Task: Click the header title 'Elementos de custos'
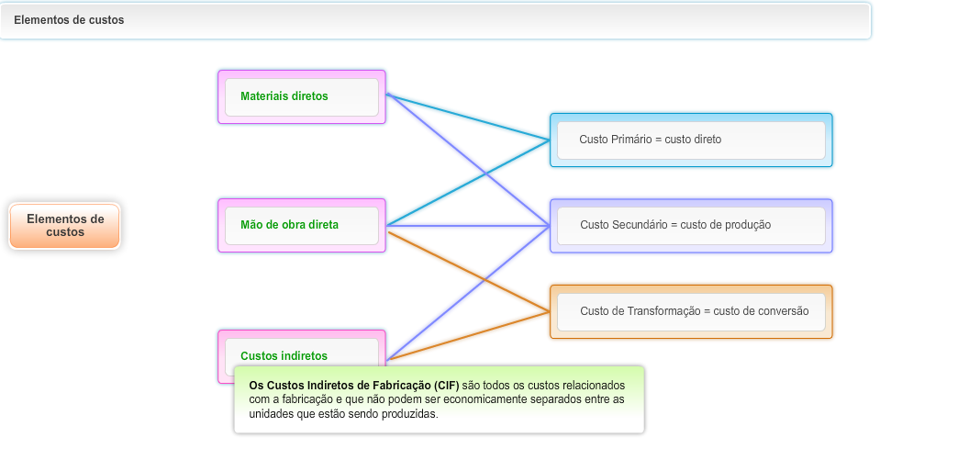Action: [69, 20]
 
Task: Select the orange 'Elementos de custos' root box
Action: [64, 226]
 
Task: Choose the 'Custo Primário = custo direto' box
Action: [690, 140]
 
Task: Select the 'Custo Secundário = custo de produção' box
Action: [690, 225]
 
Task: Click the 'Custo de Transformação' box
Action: [690, 311]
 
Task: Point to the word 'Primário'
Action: [629, 140]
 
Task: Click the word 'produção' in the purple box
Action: [747, 225]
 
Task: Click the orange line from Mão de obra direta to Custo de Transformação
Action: [468, 271]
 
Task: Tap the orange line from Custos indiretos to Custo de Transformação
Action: [468, 336]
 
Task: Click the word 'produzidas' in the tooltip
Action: [412, 414]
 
